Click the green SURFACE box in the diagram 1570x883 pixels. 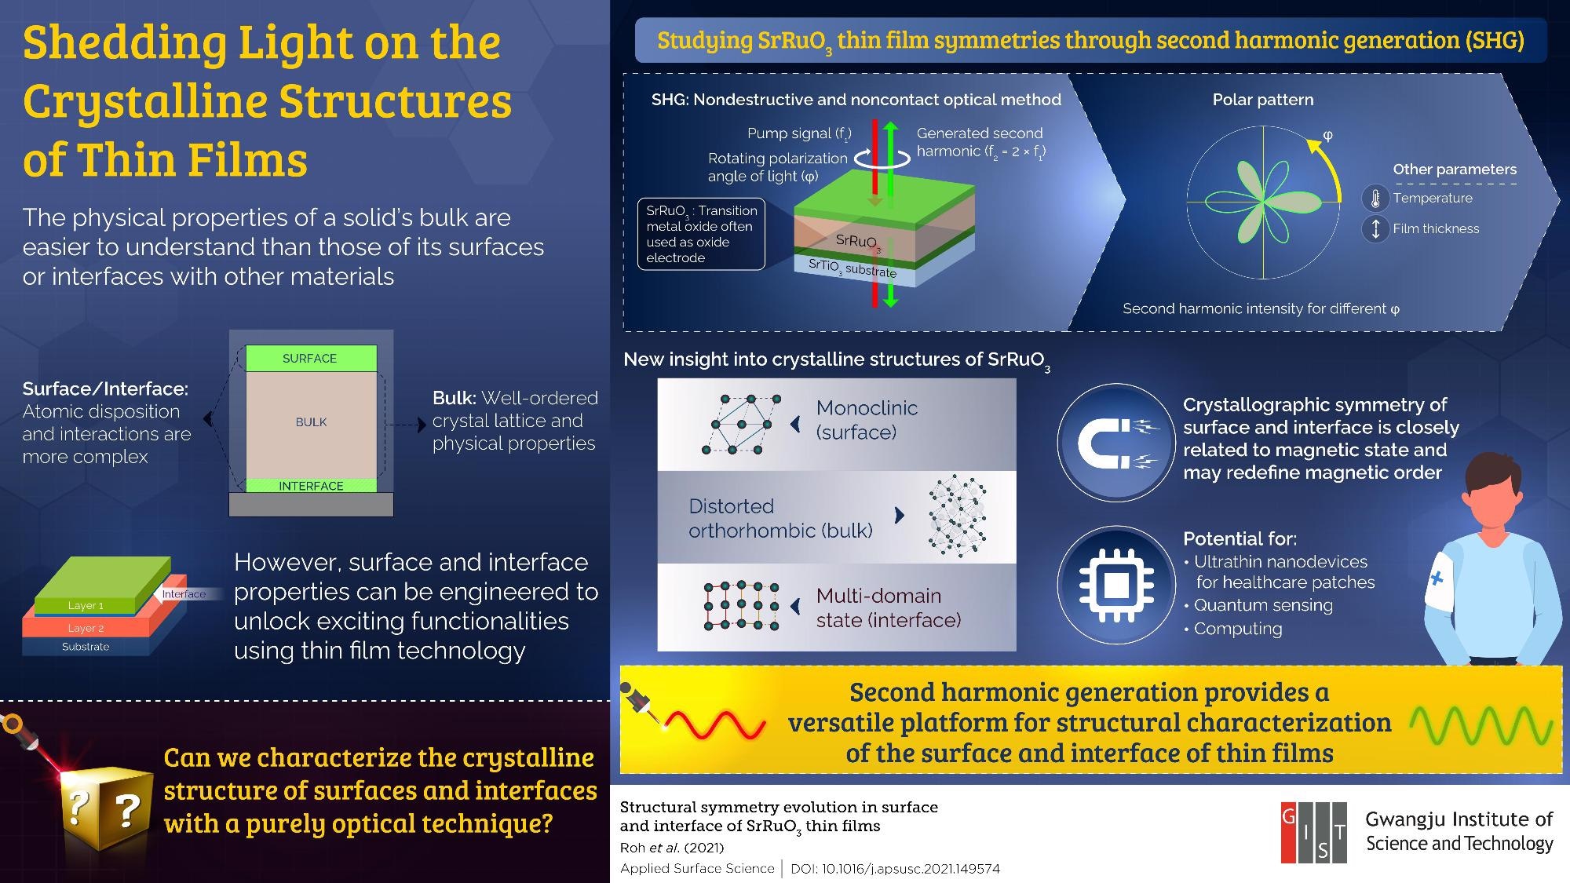coord(311,358)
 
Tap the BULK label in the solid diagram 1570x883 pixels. coord(311,422)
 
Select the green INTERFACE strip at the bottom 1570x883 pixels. coord(311,486)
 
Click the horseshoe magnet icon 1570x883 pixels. coord(1115,443)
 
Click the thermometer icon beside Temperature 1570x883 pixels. coord(1375,198)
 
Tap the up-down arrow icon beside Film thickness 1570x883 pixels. coord(1375,229)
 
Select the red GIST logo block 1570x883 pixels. coord(1313,833)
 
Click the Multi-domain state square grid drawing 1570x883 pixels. coord(742,607)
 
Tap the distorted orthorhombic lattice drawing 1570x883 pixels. coord(957,515)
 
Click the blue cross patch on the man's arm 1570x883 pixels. coord(1437,579)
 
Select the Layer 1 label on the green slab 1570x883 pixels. coord(86,606)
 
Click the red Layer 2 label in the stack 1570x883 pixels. coord(86,628)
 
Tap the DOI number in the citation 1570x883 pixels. coord(895,869)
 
